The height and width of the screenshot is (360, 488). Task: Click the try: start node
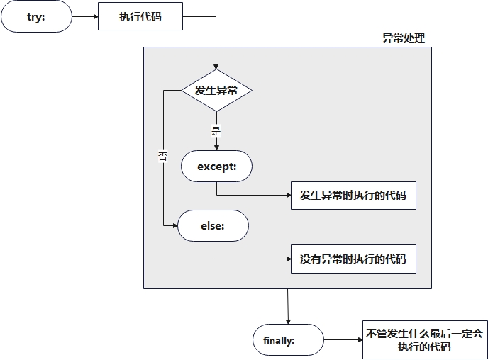click(36, 16)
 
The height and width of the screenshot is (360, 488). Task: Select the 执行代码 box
click(140, 16)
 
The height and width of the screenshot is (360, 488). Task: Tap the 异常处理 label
click(404, 38)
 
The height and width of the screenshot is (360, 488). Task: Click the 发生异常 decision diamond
click(216, 90)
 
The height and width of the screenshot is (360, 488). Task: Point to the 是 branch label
click(216, 130)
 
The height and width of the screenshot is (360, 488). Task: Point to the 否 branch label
click(163, 157)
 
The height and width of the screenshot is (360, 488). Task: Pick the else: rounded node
click(213, 225)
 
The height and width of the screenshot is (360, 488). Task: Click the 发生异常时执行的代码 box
click(353, 195)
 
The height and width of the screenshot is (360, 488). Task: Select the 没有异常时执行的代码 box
click(353, 259)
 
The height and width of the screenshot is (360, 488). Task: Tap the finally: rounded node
click(288, 340)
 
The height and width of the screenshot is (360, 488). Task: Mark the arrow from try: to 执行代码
click(84, 16)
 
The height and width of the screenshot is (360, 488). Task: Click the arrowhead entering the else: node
click(174, 225)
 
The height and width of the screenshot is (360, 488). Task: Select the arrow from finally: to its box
click(343, 340)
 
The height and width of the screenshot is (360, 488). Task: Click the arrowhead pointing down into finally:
click(288, 322)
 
